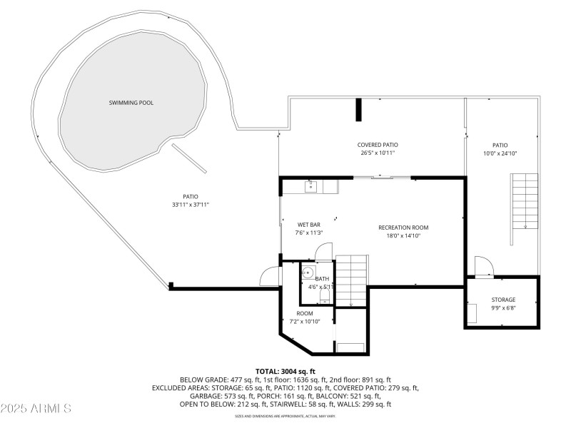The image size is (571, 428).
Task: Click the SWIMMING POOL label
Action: [x=131, y=103]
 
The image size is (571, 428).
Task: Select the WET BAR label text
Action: [x=309, y=224]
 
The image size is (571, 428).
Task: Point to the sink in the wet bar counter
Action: [x=311, y=187]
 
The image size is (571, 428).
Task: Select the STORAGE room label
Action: [x=502, y=300]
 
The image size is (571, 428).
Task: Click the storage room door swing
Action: [x=483, y=266]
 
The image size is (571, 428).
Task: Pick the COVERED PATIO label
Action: [x=378, y=145]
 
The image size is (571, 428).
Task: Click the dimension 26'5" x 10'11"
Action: [x=378, y=153]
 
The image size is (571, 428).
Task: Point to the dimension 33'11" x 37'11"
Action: [x=190, y=205]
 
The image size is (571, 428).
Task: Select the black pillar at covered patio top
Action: [x=359, y=111]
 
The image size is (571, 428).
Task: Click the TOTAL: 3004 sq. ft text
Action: [x=285, y=372]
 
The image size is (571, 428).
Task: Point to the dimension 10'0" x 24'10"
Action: [x=499, y=153]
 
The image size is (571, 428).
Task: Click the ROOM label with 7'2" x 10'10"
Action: [x=305, y=313]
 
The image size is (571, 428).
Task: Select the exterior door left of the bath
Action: [x=271, y=276]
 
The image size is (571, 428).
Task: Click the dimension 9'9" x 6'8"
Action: [x=502, y=308]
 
